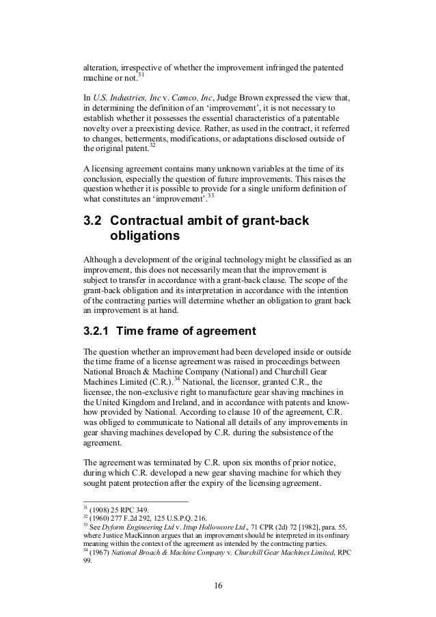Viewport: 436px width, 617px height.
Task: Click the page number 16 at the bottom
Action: pyautogui.click(x=217, y=585)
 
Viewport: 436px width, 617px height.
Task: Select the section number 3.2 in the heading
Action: pyautogui.click(x=92, y=222)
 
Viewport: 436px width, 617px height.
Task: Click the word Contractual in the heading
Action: pyautogui.click(x=151, y=222)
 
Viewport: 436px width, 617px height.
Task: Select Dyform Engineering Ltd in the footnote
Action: pyautogui.click(x=138, y=527)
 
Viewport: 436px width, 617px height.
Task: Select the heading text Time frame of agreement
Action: pyautogui.click(x=187, y=331)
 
